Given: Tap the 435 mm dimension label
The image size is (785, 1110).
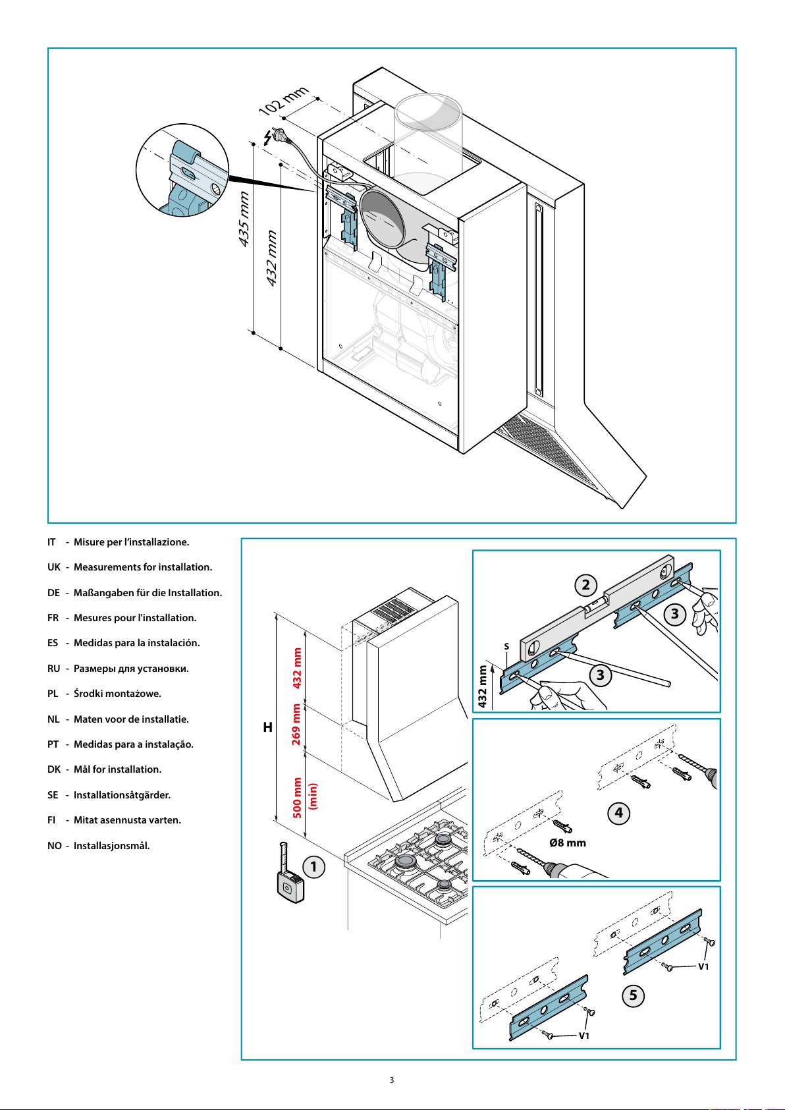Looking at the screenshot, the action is tap(244, 219).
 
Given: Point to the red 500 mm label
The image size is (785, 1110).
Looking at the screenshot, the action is tap(296, 798).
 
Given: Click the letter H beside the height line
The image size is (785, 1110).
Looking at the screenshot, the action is tap(267, 727).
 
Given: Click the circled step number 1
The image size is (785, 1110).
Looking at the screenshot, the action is tap(313, 867).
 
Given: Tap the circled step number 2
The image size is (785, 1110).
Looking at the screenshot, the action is tap(586, 585).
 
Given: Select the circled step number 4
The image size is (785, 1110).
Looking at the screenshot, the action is tap(618, 813).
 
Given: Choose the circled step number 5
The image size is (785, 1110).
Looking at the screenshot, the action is tap(634, 995).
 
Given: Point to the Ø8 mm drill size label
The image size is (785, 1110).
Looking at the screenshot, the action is tap(568, 843).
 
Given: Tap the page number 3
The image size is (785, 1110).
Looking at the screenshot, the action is tap(392, 1080).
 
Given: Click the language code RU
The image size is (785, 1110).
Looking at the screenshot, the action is tap(53, 669).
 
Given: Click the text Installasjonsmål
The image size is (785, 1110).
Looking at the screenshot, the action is tap(111, 846).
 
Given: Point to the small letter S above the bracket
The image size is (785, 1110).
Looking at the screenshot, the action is tap(506, 646).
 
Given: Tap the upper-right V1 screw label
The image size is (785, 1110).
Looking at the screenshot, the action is tap(703, 966).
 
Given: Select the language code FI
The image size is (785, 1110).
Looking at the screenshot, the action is tap(51, 820).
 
